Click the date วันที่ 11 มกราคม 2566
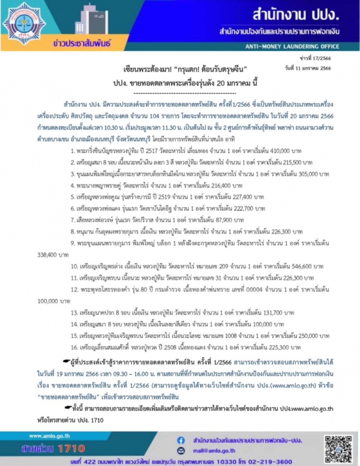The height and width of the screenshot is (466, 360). point(308,68)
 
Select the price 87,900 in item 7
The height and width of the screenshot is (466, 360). point(217,220)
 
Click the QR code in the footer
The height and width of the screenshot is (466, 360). point(337,446)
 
